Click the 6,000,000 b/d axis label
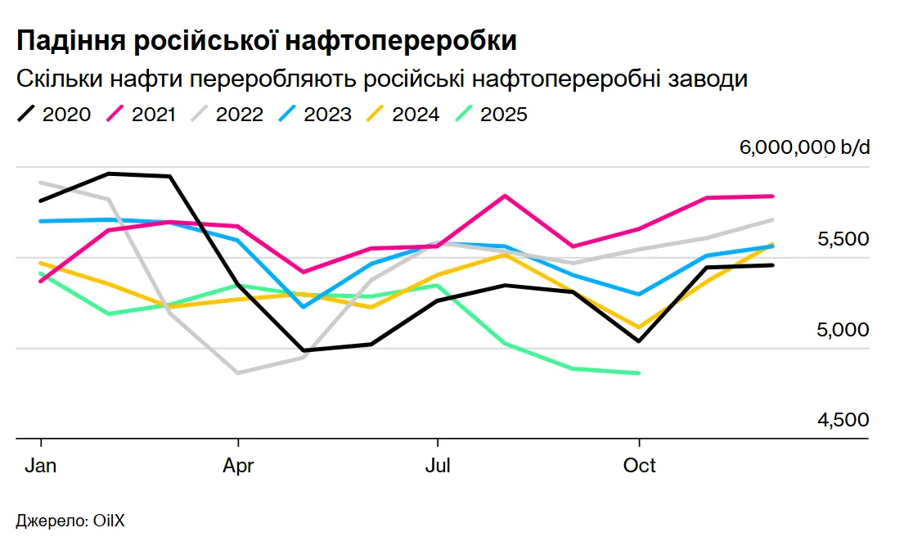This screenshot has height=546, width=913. click(x=805, y=148)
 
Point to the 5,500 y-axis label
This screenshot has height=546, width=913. click(x=843, y=239)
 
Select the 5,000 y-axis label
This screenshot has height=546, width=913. click(x=843, y=330)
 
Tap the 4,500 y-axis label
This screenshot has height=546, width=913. click(x=843, y=420)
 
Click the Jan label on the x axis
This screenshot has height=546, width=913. click(x=40, y=466)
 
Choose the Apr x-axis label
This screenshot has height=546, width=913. click(x=238, y=466)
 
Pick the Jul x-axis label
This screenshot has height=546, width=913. click(x=439, y=466)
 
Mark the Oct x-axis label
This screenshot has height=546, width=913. click(x=639, y=466)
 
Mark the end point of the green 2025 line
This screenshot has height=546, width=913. click(x=638, y=373)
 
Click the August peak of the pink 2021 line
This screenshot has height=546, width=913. click(x=506, y=196)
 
